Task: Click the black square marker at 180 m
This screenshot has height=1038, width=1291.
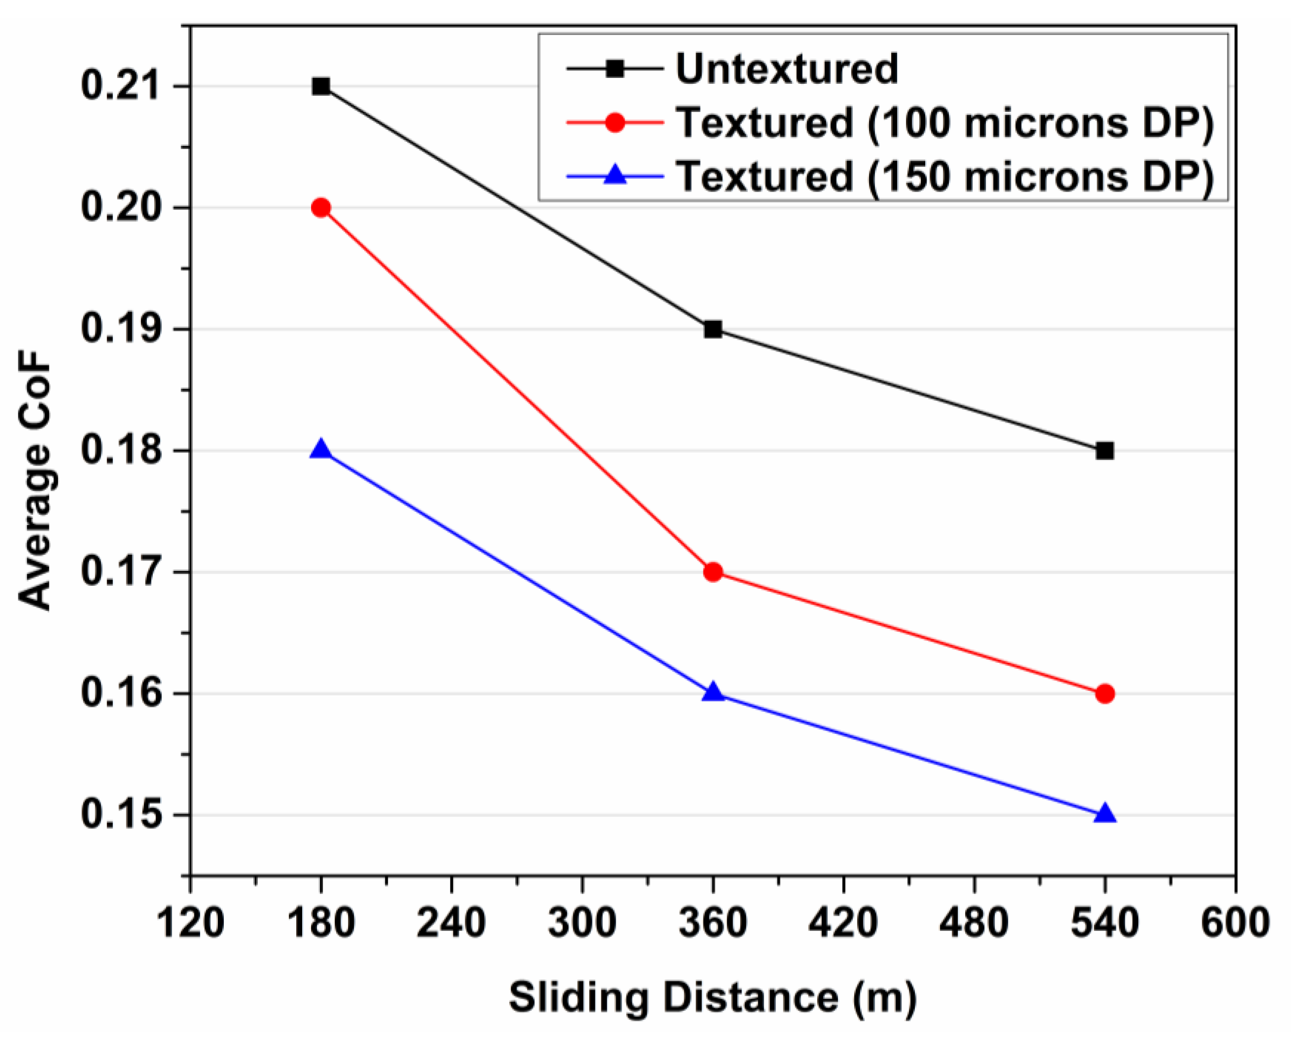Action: pyautogui.click(x=321, y=86)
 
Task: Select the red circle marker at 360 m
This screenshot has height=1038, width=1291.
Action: pyautogui.click(x=713, y=572)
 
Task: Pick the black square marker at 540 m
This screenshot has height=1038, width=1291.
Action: pyautogui.click(x=1105, y=450)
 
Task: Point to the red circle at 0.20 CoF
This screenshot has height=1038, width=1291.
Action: pyautogui.click(x=321, y=208)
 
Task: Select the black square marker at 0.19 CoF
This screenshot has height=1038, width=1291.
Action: pyautogui.click(x=713, y=329)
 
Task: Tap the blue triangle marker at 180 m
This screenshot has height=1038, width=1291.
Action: pyautogui.click(x=321, y=450)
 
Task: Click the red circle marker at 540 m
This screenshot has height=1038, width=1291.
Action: pyautogui.click(x=1105, y=694)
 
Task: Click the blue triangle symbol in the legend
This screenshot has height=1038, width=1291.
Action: pyautogui.click(x=615, y=176)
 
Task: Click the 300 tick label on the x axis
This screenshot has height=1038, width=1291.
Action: pyautogui.click(x=582, y=924)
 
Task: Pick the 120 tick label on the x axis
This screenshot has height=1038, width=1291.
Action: pyautogui.click(x=190, y=924)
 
